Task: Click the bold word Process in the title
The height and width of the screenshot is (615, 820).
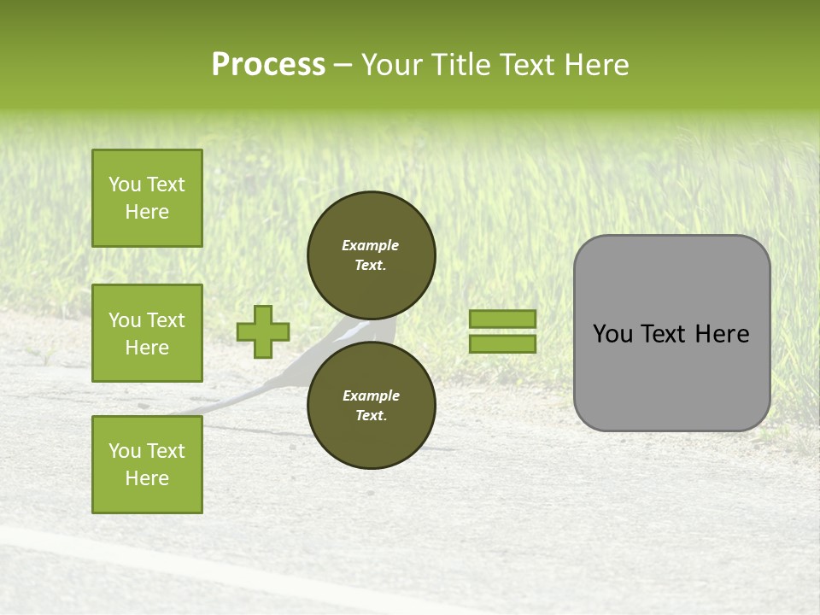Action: pyautogui.click(x=268, y=65)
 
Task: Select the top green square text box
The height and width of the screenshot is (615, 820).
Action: pyautogui.click(x=147, y=198)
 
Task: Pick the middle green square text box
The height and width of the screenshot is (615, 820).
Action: pyautogui.click(x=147, y=333)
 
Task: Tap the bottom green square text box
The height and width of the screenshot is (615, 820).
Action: pyautogui.click(x=147, y=465)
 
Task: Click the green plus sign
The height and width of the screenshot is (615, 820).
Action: pyautogui.click(x=263, y=331)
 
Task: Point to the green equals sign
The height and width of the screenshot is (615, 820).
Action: pyautogui.click(x=502, y=331)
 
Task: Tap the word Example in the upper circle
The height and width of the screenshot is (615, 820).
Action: pyautogui.click(x=370, y=245)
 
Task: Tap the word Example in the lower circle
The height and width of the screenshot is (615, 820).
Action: pyautogui.click(x=370, y=395)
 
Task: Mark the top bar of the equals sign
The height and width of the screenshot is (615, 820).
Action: pyautogui.click(x=502, y=319)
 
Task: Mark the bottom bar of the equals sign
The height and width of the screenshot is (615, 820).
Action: pyautogui.click(x=502, y=343)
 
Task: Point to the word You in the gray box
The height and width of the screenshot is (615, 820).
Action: pyautogui.click(x=612, y=334)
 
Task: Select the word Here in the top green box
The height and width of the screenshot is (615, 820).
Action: pyautogui.click(x=147, y=212)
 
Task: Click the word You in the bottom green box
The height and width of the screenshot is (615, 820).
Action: pyautogui.click(x=124, y=451)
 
